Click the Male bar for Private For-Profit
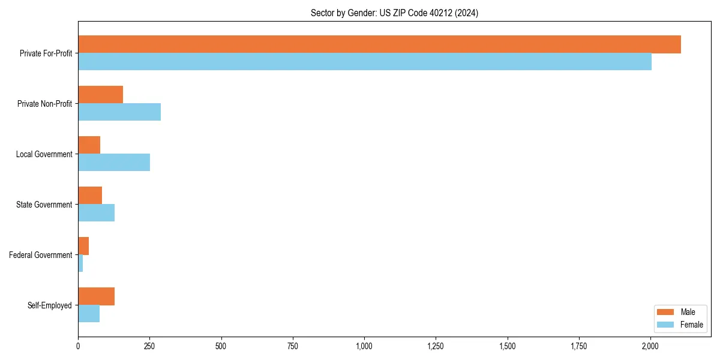[379, 44]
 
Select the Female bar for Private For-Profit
[365, 62]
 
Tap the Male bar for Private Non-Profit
[100, 95]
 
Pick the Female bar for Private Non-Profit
[119, 112]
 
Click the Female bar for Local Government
[114, 163]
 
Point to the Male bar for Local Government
[89, 145]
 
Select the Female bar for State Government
[96, 213]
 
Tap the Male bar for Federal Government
[83, 246]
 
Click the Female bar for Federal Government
[80, 263]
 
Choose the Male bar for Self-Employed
[96, 296]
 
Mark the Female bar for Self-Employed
[89, 314]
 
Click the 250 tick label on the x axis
[149, 346]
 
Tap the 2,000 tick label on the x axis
[650, 346]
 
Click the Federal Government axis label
[41, 255]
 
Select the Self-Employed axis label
[50, 305]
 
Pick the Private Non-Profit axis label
[44, 104]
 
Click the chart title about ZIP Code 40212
[394, 13]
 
